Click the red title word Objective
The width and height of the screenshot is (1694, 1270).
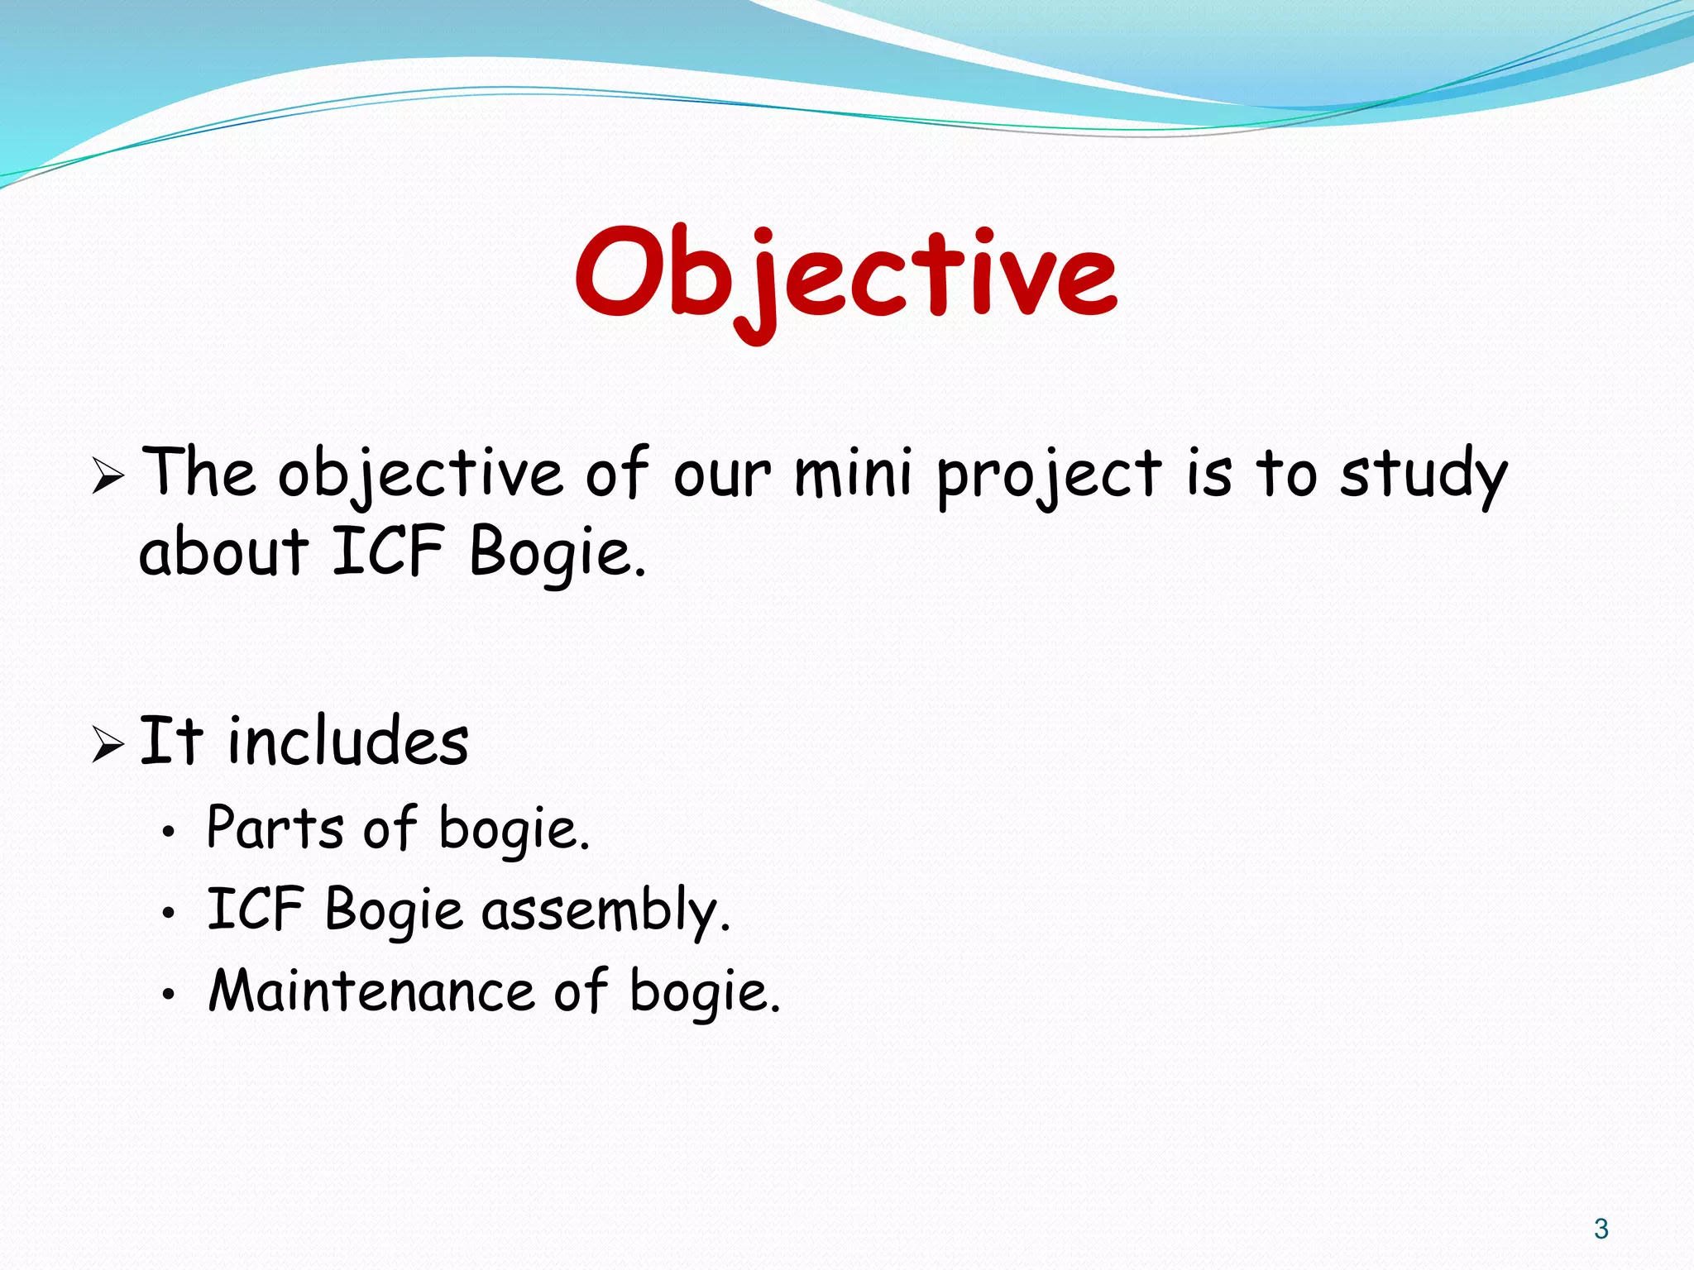click(x=845, y=275)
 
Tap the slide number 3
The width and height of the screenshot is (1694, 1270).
click(x=1601, y=1229)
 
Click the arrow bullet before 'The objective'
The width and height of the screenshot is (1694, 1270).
click(x=108, y=477)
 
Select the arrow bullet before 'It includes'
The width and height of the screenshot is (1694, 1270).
click(x=108, y=743)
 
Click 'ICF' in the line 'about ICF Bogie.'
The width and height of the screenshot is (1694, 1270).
click(x=387, y=551)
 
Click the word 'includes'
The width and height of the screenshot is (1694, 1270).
click(x=347, y=741)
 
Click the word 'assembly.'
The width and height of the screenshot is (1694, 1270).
click(x=605, y=911)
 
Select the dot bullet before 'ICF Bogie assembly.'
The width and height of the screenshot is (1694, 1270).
click(x=169, y=914)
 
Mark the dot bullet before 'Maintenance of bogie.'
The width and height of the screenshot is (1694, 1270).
click(x=169, y=995)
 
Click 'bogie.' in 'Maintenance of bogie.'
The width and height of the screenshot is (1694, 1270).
click(x=705, y=992)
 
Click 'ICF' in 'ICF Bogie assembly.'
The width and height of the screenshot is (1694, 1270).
click(x=255, y=910)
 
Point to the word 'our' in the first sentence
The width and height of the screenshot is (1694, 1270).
click(x=721, y=477)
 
